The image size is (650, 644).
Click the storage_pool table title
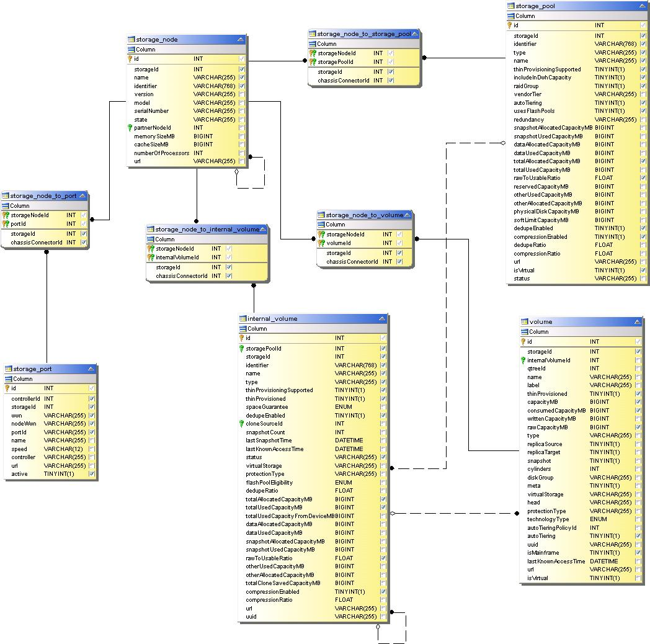(x=535, y=6)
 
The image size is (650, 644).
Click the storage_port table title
(x=32, y=369)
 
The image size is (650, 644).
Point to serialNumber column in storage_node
(x=151, y=111)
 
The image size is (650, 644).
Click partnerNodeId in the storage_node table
(x=152, y=128)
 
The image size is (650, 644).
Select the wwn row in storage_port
(x=17, y=416)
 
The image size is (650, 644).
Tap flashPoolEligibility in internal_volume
(x=269, y=483)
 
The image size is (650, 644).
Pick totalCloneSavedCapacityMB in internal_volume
(x=282, y=583)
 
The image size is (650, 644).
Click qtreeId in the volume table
(x=536, y=369)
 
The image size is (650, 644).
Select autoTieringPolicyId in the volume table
(x=551, y=528)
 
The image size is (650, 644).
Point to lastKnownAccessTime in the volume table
(x=556, y=561)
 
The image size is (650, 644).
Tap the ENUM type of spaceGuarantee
(x=343, y=407)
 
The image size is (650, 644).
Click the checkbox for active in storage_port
(x=92, y=474)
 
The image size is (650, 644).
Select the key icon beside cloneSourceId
(x=242, y=424)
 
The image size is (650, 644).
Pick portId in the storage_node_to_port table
(x=19, y=224)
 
